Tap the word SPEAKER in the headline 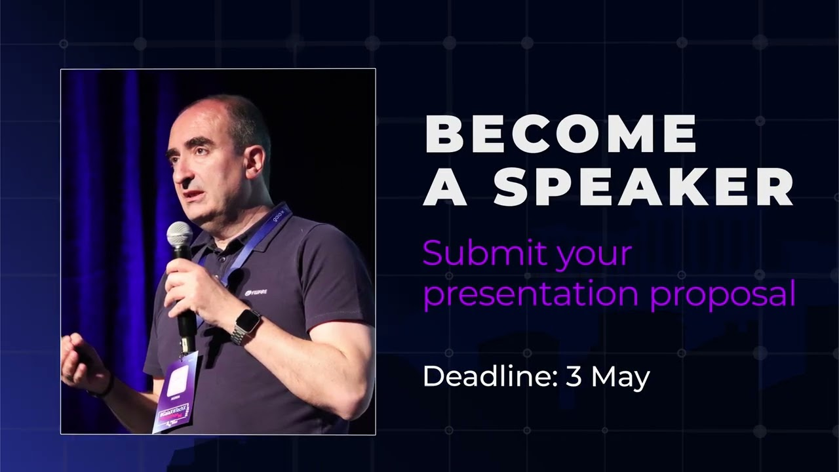click(644, 187)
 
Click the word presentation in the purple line click(531, 295)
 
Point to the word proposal click(723, 295)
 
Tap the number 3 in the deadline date click(574, 377)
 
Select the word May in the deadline click(621, 379)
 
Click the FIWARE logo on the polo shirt click(256, 292)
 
